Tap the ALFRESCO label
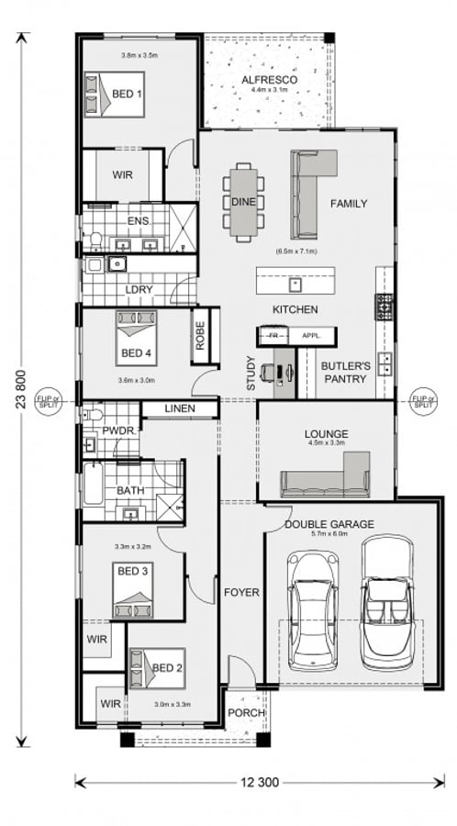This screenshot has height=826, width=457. (x=267, y=81)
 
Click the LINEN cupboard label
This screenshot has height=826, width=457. (x=184, y=408)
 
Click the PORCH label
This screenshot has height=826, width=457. (x=246, y=713)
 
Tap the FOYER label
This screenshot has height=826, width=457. (x=241, y=593)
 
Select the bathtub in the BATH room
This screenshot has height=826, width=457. (x=94, y=484)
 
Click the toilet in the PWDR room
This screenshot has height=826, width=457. (x=92, y=418)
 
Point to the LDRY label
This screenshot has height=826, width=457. (x=139, y=290)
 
